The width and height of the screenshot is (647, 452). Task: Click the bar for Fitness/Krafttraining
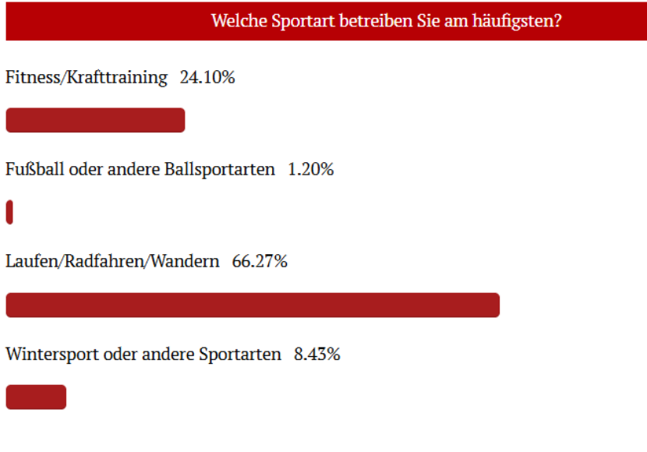tap(95, 120)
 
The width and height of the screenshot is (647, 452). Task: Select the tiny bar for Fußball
tap(9, 212)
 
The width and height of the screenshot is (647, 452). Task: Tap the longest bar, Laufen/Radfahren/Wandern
tap(253, 305)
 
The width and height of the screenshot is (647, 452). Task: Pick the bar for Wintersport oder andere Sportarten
tap(36, 397)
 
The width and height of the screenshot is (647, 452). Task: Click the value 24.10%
tap(207, 77)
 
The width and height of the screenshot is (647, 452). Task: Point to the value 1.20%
tap(311, 170)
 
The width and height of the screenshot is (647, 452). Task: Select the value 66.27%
tap(260, 262)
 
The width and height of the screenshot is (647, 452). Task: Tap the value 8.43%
tap(317, 355)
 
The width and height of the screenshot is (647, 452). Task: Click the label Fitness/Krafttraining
tap(87, 78)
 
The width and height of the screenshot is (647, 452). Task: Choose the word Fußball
tap(34, 169)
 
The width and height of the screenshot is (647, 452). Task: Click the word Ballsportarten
tap(220, 170)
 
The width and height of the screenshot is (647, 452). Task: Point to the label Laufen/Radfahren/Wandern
tap(112, 262)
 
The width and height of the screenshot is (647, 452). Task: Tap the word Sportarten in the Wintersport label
tap(240, 355)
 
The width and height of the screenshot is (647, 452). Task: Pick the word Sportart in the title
tap(303, 21)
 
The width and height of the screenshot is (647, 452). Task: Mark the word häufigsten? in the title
tap(517, 21)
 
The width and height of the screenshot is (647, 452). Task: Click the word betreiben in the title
tap(376, 20)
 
